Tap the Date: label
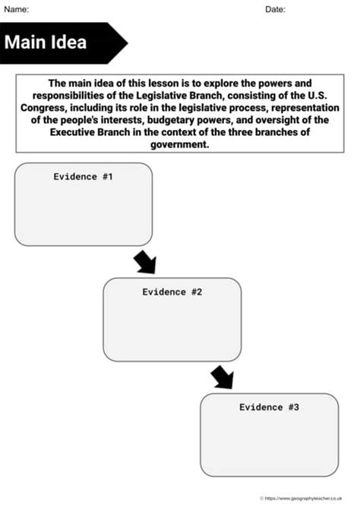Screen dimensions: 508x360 pyautogui.click(x=275, y=9)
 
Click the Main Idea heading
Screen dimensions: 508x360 pyautogui.click(x=46, y=43)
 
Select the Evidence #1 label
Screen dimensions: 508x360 pyautogui.click(x=83, y=176)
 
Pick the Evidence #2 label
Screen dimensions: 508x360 pyautogui.click(x=172, y=292)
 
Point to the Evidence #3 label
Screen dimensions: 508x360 pyautogui.click(x=269, y=407)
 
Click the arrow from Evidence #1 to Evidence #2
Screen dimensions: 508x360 pyautogui.click(x=144, y=262)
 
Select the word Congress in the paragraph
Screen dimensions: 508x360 pyautogui.click(x=47, y=109)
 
